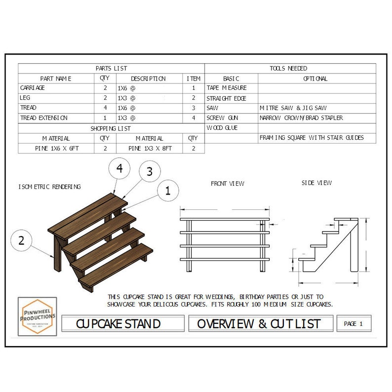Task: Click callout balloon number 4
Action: tap(119, 168)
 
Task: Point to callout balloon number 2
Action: tap(21, 241)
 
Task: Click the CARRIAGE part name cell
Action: tap(33, 88)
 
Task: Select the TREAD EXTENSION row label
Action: tap(44, 118)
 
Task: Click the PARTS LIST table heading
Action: tap(111, 68)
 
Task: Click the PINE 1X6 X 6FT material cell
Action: tap(57, 148)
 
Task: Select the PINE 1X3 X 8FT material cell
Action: tap(150, 148)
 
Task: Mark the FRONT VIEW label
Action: tap(228, 184)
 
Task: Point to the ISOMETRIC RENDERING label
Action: tap(49, 187)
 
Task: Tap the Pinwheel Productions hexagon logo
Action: tap(37, 315)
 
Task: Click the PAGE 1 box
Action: tap(353, 324)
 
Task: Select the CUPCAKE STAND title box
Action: tap(118, 324)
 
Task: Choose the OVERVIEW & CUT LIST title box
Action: tap(259, 324)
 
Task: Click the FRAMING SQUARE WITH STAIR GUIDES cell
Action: tap(311, 138)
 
